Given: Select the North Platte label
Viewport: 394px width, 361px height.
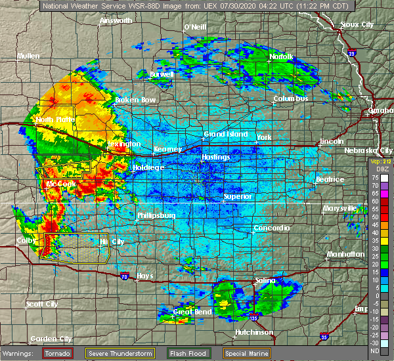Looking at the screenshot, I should point(55,120).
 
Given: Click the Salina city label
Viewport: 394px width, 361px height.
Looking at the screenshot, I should point(265,280).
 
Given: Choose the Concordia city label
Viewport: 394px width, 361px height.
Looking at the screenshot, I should point(271,228).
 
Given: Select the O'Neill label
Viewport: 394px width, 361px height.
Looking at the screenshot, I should point(194,27).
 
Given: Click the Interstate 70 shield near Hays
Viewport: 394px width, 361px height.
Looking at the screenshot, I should point(125,270).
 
